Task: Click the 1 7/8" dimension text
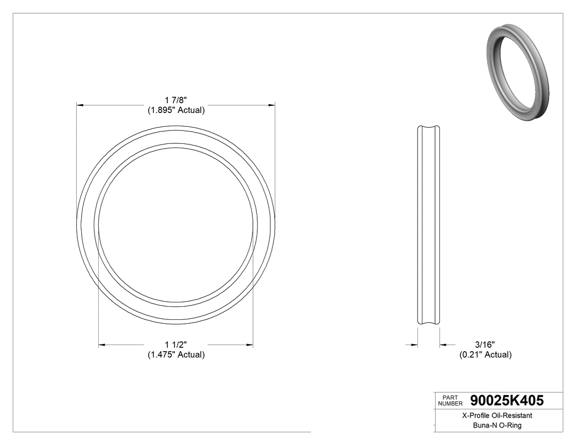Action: pyautogui.click(x=176, y=100)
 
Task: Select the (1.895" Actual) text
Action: pyautogui.click(x=176, y=110)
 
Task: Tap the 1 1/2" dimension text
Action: pyautogui.click(x=176, y=345)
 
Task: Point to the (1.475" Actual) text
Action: pyautogui.click(x=176, y=355)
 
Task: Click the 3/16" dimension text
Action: pyautogui.click(x=485, y=345)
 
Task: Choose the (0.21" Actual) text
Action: pyautogui.click(x=485, y=355)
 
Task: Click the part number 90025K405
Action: pyautogui.click(x=507, y=401)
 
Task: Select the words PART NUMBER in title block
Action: pyautogui.click(x=450, y=401)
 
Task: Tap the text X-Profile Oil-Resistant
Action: pyautogui.click(x=497, y=416)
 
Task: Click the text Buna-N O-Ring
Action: pyautogui.click(x=497, y=426)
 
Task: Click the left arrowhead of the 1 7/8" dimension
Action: pyautogui.click(x=80, y=104)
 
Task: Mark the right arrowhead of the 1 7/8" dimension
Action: pyautogui.click(x=272, y=104)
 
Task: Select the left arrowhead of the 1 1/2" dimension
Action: pyautogui.click(x=101, y=345)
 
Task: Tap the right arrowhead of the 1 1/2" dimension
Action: pyautogui.click(x=250, y=345)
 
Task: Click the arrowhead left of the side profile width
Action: pyautogui.click(x=415, y=345)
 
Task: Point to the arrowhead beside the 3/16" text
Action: pyautogui.click(x=443, y=345)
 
